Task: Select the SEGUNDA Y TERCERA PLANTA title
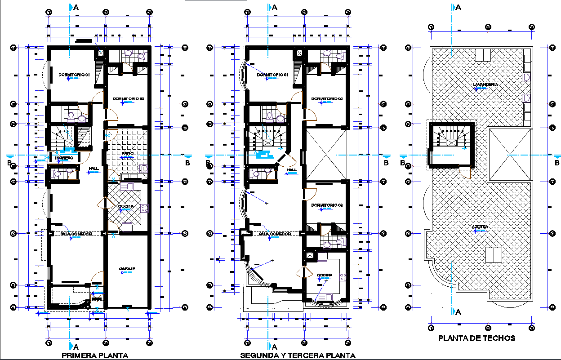click(298, 355)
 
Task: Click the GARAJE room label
click(127, 269)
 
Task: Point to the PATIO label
click(128, 154)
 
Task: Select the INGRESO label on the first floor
click(64, 158)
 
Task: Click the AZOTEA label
click(480, 227)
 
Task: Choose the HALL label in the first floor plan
click(93, 169)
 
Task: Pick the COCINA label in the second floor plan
click(324, 275)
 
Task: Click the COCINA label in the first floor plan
click(125, 207)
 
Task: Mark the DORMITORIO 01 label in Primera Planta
click(75, 75)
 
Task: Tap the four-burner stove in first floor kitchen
click(145, 208)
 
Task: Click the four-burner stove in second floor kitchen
click(343, 277)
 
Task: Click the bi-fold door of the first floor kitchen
click(102, 204)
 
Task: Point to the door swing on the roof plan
click(467, 173)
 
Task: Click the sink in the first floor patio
click(144, 169)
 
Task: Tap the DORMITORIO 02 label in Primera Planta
click(128, 98)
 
